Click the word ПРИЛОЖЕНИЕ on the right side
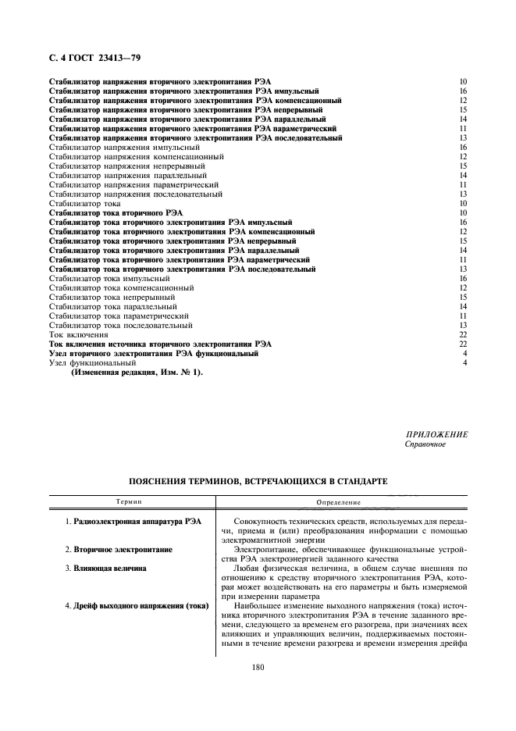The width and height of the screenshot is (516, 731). click(436, 434)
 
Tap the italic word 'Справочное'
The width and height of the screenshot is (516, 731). click(425, 444)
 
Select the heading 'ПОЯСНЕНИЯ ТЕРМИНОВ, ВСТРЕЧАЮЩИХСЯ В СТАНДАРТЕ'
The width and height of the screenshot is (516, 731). click(257, 482)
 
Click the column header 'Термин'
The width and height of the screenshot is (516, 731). click(129, 501)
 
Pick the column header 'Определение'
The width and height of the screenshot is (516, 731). click(338, 501)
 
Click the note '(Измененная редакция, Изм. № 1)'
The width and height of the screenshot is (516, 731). click(137, 373)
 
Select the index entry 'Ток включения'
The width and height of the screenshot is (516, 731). click(79, 334)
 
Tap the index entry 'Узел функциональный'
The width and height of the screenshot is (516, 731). click(92, 363)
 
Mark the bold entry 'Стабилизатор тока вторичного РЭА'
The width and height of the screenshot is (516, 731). click(116, 212)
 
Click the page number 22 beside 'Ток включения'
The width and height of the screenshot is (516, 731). click(463, 334)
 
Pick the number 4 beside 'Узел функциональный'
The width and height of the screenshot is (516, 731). click(464, 363)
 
